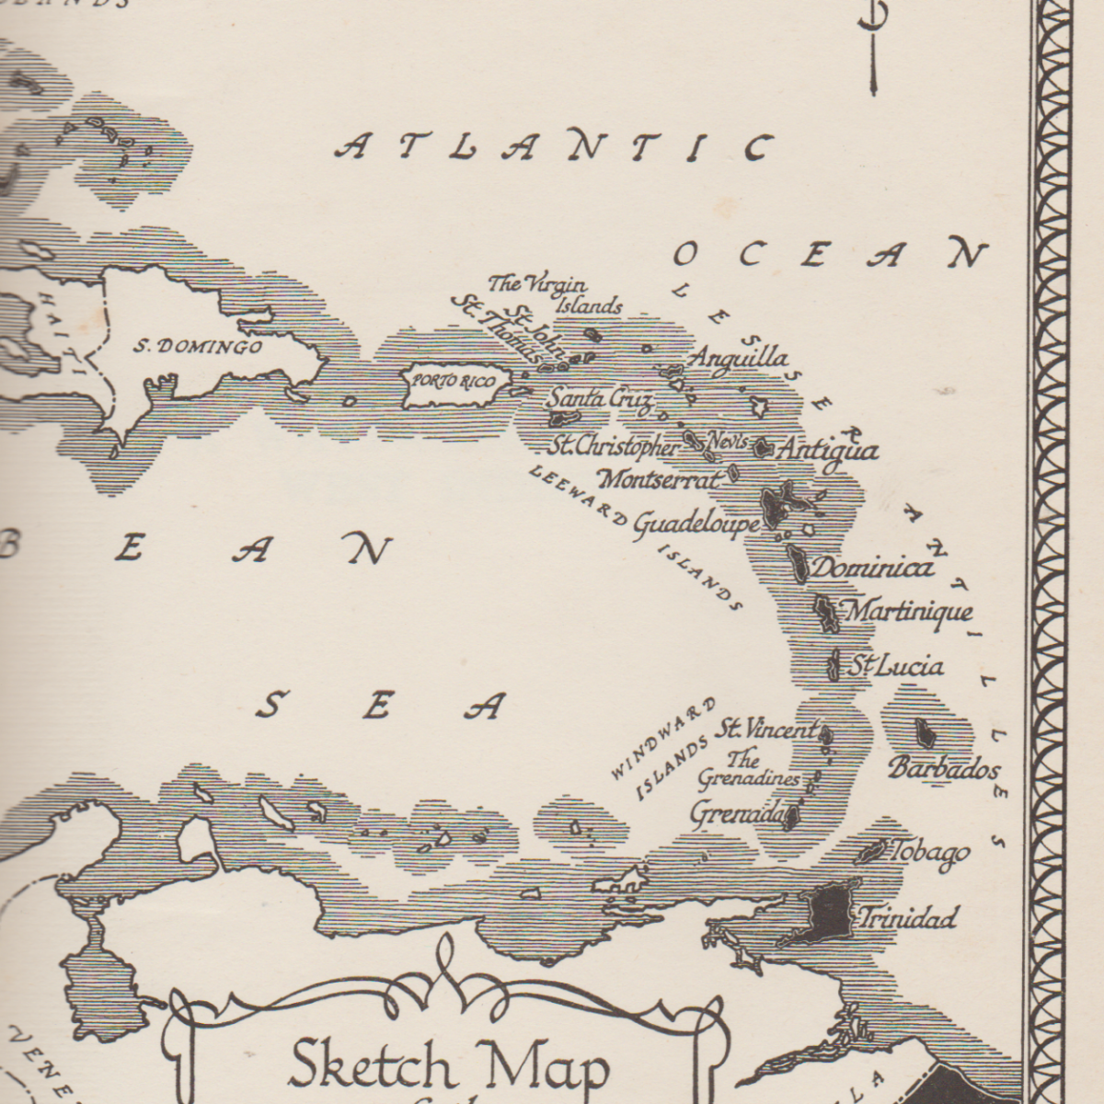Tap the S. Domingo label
pos(198,347)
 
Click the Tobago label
pos(930,853)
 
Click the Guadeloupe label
pos(696,523)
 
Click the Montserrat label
pos(659,479)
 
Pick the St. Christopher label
pos(614,447)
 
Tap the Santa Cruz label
pos(599,399)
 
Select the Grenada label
pos(736,813)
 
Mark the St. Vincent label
pos(766,730)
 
